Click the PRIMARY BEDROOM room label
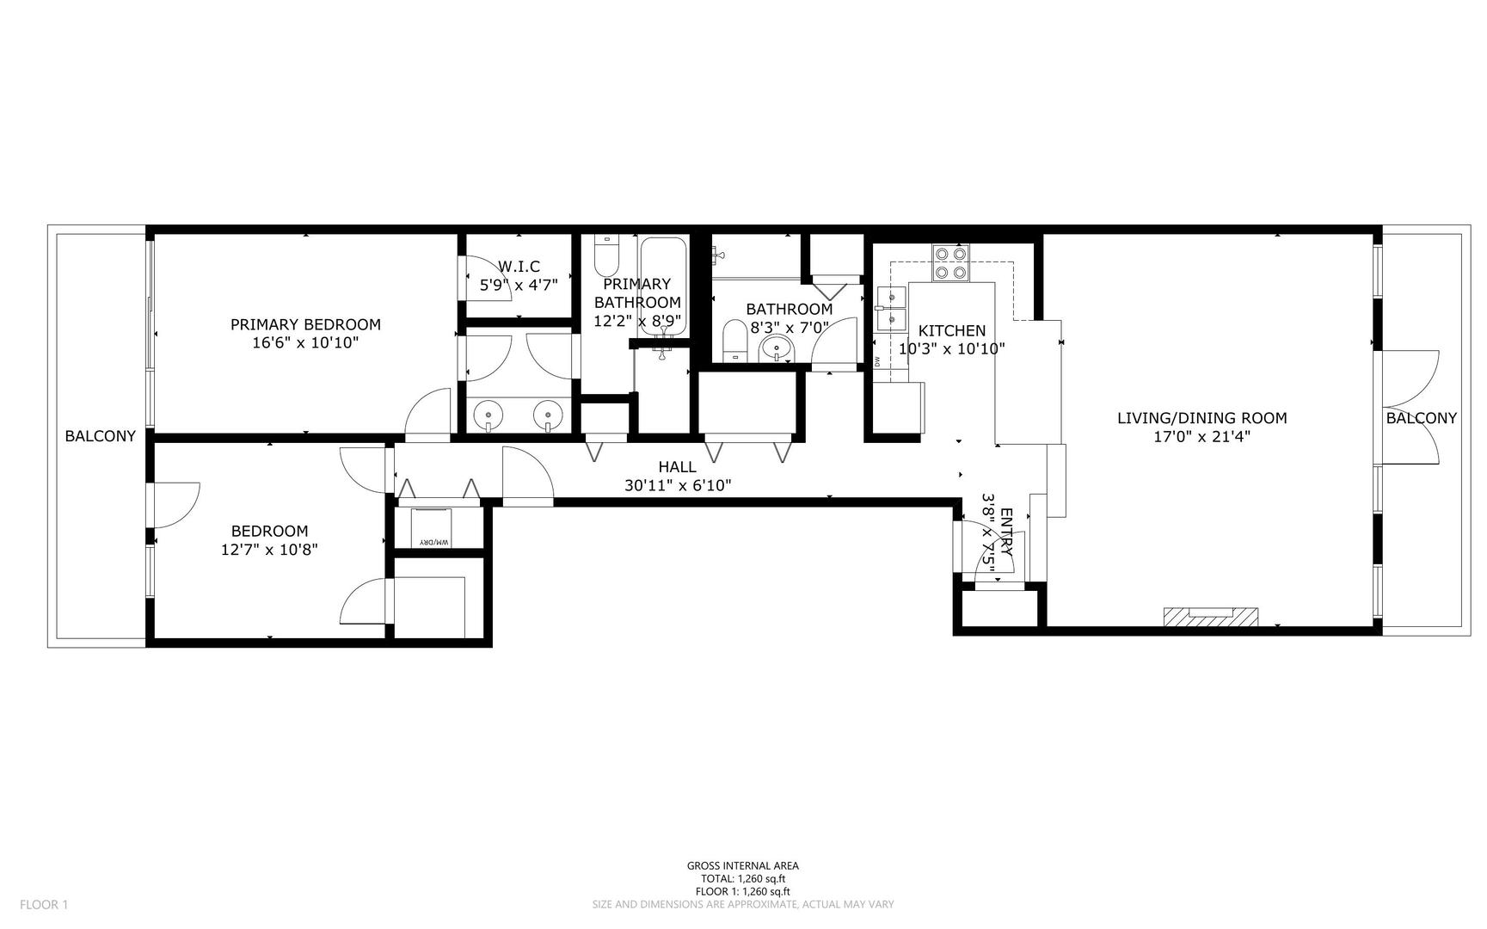(x=305, y=324)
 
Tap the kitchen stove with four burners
(x=951, y=263)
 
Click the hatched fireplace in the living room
(x=1210, y=617)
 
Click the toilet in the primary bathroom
(x=606, y=255)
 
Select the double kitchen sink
(x=892, y=309)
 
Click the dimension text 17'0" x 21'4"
(x=1201, y=437)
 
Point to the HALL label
(x=677, y=467)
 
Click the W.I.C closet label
(x=519, y=267)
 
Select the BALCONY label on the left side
(x=100, y=436)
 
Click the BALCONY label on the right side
(x=1421, y=418)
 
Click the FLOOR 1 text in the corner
(x=43, y=904)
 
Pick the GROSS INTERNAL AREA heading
(x=742, y=866)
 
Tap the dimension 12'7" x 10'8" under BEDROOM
(x=269, y=550)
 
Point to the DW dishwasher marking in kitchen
(x=877, y=361)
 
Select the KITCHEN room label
(x=951, y=330)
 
